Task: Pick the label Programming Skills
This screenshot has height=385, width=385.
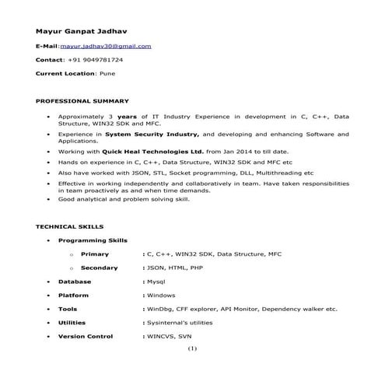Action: click(x=93, y=240)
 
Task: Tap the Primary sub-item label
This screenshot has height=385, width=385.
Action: click(x=95, y=254)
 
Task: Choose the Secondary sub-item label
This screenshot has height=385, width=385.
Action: click(x=100, y=268)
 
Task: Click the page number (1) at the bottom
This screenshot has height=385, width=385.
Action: click(x=192, y=348)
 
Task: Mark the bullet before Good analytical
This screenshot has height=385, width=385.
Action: click(x=48, y=199)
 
